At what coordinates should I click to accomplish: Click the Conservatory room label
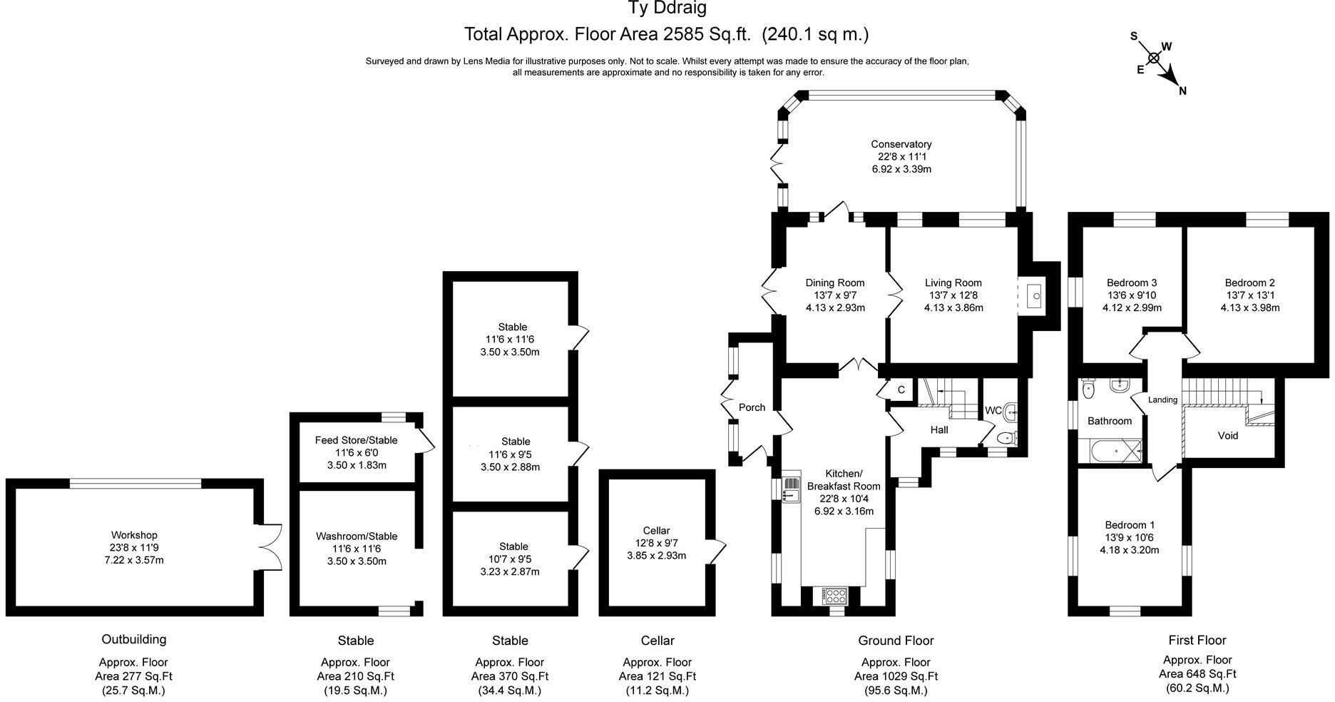coord(901,144)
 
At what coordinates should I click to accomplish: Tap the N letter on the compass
coord(1182,91)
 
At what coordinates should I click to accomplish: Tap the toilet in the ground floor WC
coord(1006,438)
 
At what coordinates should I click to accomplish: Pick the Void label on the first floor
coord(1227,435)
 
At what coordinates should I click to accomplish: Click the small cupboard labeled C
coord(901,390)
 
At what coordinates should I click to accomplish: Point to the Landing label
coord(1162,400)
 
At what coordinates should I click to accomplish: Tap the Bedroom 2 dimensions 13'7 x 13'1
coord(1249,295)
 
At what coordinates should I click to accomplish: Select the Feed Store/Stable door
coord(426,441)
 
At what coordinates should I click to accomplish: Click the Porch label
coord(752,407)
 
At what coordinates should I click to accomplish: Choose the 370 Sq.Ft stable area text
coord(509,676)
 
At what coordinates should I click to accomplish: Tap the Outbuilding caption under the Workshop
coord(133,639)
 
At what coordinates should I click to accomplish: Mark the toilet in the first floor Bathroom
coord(1088,389)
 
